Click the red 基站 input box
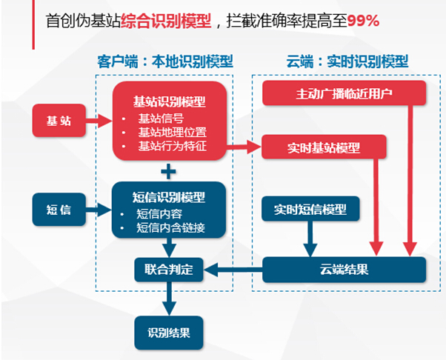[59, 121]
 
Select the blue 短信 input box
[59, 210]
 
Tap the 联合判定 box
[169, 270]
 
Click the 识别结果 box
[169, 333]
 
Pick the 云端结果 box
[345, 270]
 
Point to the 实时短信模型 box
[310, 209]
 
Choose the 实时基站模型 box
[324, 147]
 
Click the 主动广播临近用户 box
[345, 93]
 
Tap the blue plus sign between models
[168, 171]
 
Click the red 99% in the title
[363, 21]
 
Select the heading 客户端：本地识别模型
[165, 61]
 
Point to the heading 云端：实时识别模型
[347, 61]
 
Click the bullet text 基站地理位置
[172, 133]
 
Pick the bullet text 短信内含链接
[170, 227]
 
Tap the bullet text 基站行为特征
[172, 146]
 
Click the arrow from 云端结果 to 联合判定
[233, 270]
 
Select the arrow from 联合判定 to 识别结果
[169, 299]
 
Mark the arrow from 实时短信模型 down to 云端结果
[310, 239]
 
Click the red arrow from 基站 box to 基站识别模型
[99, 121]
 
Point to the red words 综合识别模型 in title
[166, 21]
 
